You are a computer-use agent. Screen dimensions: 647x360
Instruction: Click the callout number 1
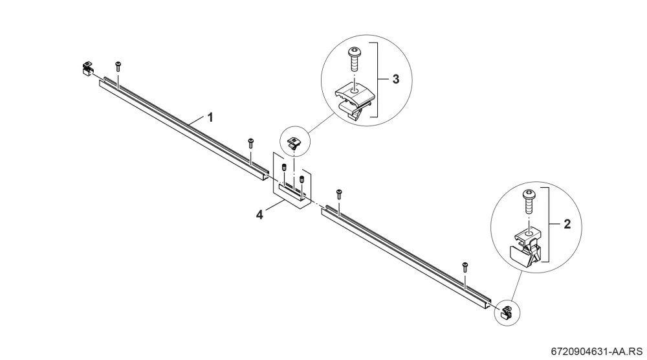210,118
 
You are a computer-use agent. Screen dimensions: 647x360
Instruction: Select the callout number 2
567,224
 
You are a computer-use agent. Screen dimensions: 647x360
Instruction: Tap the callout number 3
396,79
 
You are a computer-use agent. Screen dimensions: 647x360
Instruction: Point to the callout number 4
259,215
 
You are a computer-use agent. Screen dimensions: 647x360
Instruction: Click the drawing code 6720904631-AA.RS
597,352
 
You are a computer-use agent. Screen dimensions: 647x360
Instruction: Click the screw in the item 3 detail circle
354,60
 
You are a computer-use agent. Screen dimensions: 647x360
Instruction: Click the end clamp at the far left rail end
87,69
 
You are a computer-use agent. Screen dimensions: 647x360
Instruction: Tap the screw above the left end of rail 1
118,66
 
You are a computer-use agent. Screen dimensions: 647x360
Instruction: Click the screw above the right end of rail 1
250,143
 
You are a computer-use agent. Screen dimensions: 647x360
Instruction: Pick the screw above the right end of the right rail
465,267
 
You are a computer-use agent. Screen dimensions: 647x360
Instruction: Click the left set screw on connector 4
284,168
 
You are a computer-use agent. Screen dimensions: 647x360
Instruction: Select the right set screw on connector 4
302,180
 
